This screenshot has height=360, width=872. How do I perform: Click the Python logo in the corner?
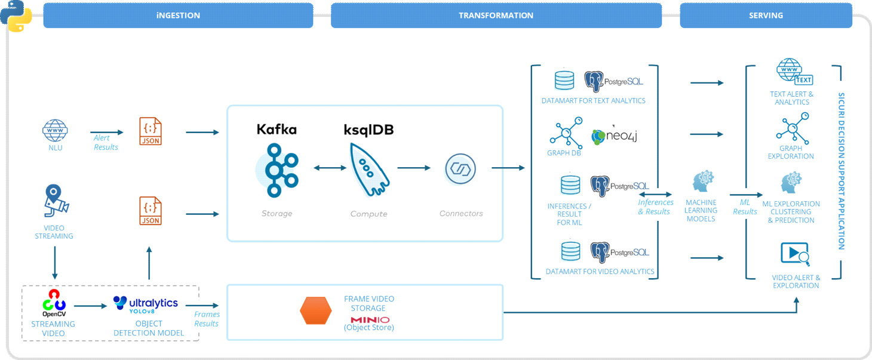click(16, 16)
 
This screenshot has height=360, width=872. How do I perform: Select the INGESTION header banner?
click(178, 16)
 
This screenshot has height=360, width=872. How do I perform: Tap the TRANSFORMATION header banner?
click(496, 16)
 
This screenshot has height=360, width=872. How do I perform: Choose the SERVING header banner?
click(766, 16)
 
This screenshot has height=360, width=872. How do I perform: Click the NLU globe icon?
click(55, 130)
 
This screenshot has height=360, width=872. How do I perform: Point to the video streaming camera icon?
click(55, 201)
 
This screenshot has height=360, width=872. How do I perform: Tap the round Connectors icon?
click(460, 169)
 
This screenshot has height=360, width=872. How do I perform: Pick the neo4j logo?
click(615, 136)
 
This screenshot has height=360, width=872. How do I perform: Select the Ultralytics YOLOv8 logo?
click(146, 304)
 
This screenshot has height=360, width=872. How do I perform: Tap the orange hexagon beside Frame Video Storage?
click(315, 311)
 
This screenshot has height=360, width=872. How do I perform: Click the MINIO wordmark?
click(370, 319)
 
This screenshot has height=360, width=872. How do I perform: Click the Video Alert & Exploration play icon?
click(794, 254)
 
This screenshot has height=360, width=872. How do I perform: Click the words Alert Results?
click(105, 143)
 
